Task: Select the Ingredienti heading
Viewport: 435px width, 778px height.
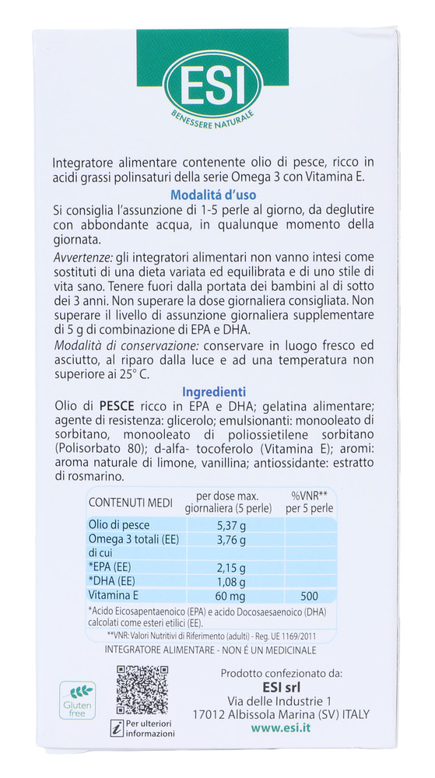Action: (213, 392)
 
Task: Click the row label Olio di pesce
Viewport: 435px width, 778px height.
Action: (117, 525)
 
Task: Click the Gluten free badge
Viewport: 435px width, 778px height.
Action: (78, 700)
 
